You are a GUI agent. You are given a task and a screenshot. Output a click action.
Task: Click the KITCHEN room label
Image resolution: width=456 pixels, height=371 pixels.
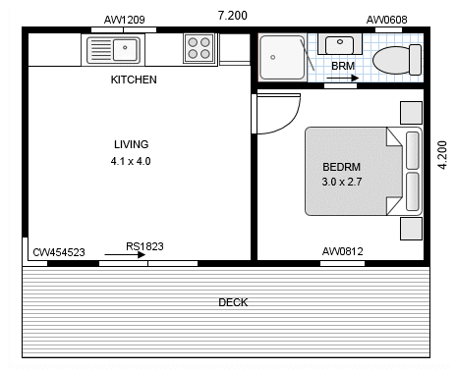134,79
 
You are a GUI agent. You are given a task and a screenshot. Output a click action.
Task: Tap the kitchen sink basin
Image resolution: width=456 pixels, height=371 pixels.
125,50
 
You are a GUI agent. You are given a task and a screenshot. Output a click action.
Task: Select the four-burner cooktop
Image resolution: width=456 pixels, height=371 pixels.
199,48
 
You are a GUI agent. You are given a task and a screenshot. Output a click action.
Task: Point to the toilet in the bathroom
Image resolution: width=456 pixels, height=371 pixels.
397,60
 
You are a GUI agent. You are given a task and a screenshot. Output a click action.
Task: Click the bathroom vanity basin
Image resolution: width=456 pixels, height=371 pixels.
340,44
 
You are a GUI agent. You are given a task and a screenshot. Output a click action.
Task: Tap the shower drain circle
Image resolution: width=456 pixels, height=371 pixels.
272,57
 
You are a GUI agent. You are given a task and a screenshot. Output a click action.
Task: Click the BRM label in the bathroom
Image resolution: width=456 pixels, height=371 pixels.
343,66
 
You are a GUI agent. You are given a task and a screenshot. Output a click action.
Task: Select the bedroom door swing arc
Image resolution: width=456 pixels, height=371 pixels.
292,122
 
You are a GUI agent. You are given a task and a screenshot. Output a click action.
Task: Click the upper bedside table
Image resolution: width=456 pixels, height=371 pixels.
411,113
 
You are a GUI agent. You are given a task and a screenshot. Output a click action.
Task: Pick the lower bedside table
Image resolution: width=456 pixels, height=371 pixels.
411,229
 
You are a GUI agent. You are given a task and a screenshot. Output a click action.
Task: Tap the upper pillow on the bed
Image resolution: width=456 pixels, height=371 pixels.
413,150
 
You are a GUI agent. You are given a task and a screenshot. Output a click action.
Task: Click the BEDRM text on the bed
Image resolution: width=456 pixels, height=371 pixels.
342,167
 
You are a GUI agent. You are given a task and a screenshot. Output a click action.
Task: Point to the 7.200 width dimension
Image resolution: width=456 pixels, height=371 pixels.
233,16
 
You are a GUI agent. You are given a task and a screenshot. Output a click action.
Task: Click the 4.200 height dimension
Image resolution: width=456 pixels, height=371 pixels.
442,155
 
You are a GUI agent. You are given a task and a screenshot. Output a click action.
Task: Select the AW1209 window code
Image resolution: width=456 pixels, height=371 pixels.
125,20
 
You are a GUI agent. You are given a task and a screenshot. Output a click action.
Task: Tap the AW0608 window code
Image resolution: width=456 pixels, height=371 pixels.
386,20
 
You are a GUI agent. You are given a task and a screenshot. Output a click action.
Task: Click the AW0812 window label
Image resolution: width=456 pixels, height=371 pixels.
343,251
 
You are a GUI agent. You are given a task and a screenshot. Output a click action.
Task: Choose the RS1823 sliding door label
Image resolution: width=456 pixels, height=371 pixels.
144,246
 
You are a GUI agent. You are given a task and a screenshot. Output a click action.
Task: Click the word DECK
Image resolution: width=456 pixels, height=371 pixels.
233,302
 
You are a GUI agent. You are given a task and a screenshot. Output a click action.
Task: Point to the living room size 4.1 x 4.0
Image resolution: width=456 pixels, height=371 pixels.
131,161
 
